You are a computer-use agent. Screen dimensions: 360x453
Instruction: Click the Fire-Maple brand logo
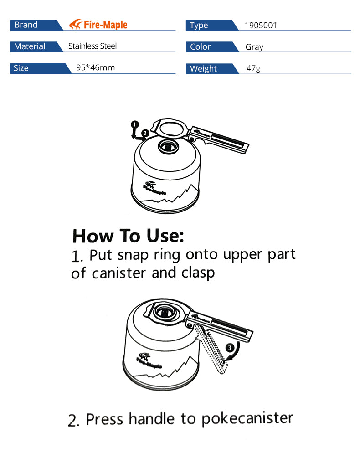click(x=98, y=25)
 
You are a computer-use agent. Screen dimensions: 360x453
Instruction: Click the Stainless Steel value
click(x=93, y=46)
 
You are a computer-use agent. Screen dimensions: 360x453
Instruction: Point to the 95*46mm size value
click(x=95, y=67)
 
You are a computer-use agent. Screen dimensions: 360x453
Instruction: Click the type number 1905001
click(x=261, y=26)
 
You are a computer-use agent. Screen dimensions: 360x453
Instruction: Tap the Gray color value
click(x=254, y=47)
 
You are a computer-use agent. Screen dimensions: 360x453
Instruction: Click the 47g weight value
click(x=253, y=68)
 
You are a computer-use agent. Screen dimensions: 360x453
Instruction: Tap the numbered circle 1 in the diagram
click(x=134, y=124)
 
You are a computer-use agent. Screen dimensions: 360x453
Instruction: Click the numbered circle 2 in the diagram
click(x=145, y=133)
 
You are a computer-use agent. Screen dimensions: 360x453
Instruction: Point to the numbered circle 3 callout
click(x=229, y=348)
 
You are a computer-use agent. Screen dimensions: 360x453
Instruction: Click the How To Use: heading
click(x=128, y=236)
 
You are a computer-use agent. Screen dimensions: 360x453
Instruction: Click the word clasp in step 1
click(x=198, y=273)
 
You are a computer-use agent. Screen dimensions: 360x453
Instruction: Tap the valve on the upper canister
click(x=168, y=147)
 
